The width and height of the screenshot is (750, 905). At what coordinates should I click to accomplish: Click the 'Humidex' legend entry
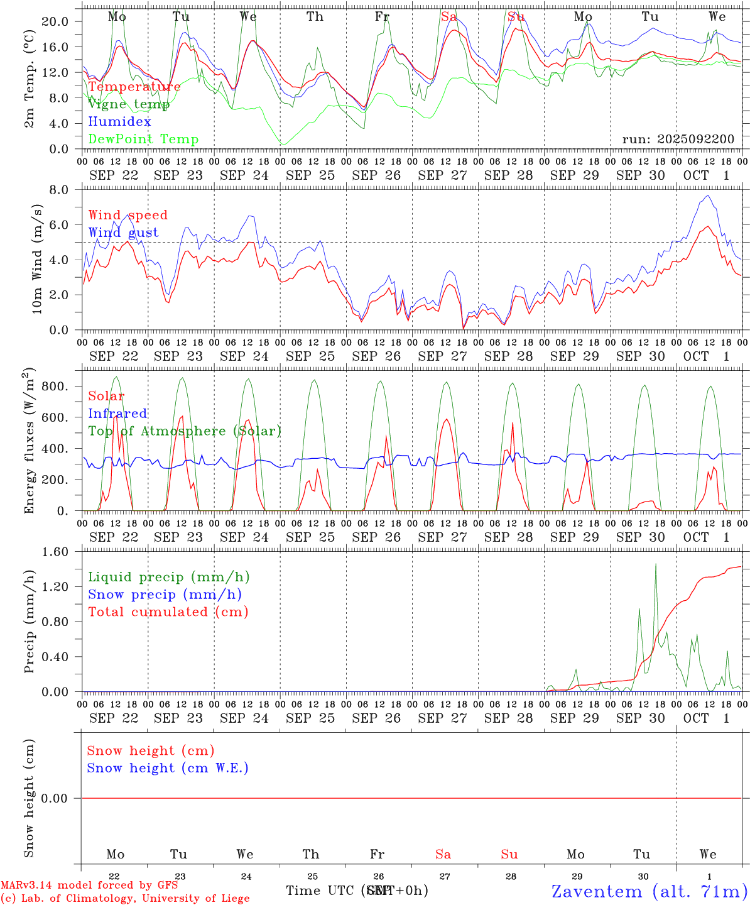click(119, 122)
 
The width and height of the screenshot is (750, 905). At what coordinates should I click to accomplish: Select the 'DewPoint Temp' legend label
click(143, 140)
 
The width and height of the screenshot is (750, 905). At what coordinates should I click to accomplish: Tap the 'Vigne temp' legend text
click(128, 104)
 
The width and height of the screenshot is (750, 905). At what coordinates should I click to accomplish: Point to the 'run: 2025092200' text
click(678, 139)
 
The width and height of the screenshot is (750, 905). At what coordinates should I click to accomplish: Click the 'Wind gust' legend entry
click(123, 233)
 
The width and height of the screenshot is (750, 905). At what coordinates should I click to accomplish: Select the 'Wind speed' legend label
click(128, 215)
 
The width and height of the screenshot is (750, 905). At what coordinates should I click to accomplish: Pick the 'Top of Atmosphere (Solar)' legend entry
click(184, 431)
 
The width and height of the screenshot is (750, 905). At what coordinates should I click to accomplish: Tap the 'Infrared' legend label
click(117, 414)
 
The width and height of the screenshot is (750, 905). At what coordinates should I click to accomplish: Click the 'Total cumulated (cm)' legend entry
click(168, 612)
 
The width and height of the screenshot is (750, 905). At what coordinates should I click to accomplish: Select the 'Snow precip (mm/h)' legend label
click(165, 595)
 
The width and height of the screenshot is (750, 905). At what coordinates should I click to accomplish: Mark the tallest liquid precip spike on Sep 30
click(656, 564)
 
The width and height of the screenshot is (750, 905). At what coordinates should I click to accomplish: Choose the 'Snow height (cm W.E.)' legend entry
click(167, 768)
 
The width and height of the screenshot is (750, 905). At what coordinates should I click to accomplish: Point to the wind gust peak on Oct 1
click(709, 195)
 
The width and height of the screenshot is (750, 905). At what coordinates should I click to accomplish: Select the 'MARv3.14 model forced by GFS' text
click(89, 885)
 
